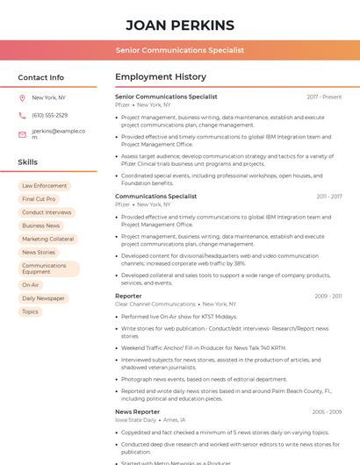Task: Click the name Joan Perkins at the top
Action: pos(180,25)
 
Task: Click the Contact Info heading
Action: pos(41,77)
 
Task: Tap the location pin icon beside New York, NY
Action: pos(22,98)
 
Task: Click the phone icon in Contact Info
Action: pos(22,116)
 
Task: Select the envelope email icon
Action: pos(22,134)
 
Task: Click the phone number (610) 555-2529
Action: pos(49,116)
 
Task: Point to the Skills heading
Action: pos(28,162)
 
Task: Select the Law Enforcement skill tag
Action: pos(44,186)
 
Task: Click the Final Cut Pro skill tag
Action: pos(39,199)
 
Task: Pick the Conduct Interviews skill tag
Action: pos(47,212)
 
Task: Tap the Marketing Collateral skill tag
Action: pos(48,239)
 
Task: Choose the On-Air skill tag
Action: pos(31,285)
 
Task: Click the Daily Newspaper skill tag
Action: pos(43,298)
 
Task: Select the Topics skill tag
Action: pos(31,311)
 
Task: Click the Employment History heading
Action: pos(161,77)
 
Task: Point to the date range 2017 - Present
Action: pos(324,97)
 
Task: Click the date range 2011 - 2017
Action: pos(329,197)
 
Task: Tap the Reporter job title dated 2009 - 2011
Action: pos(128,297)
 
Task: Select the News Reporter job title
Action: pos(138,411)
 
